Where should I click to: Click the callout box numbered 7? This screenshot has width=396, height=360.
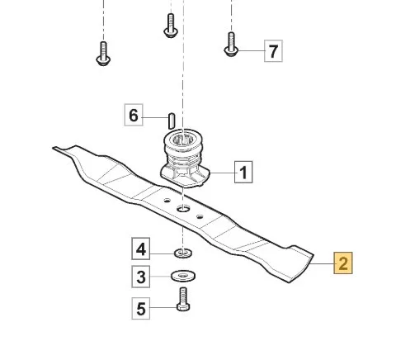pyautogui.click(x=273, y=51)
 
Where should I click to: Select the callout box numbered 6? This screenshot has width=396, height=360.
pyautogui.click(x=134, y=115)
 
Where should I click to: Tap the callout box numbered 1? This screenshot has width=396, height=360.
pyautogui.click(x=243, y=173)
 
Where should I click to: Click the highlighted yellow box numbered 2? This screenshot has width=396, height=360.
pyautogui.click(x=343, y=263)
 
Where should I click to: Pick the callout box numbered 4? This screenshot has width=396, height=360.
pyautogui.click(x=141, y=249)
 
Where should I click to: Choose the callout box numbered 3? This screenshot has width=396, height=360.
pyautogui.click(x=141, y=277)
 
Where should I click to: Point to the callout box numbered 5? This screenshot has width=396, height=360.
pyautogui.click(x=141, y=309)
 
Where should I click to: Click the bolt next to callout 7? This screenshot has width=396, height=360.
pyautogui.click(x=231, y=45)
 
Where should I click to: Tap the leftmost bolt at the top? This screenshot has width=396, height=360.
pyautogui.click(x=103, y=54)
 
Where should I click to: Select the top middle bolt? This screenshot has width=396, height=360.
pyautogui.click(x=171, y=26)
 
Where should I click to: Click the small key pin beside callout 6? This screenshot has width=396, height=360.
pyautogui.click(x=171, y=121)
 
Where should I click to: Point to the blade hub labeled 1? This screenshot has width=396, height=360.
pyautogui.click(x=185, y=158)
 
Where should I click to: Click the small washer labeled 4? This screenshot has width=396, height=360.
pyautogui.click(x=183, y=253)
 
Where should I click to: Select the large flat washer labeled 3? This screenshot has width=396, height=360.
pyautogui.click(x=183, y=276)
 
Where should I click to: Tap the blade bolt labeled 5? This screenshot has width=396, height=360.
pyautogui.click(x=183, y=300)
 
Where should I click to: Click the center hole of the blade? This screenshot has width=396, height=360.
pyautogui.click(x=183, y=209)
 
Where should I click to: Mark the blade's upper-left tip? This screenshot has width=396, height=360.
pyautogui.click(x=54, y=148)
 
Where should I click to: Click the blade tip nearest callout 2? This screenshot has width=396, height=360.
pyautogui.click(x=313, y=254)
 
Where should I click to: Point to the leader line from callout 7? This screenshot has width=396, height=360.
pyautogui.click(x=251, y=51)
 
